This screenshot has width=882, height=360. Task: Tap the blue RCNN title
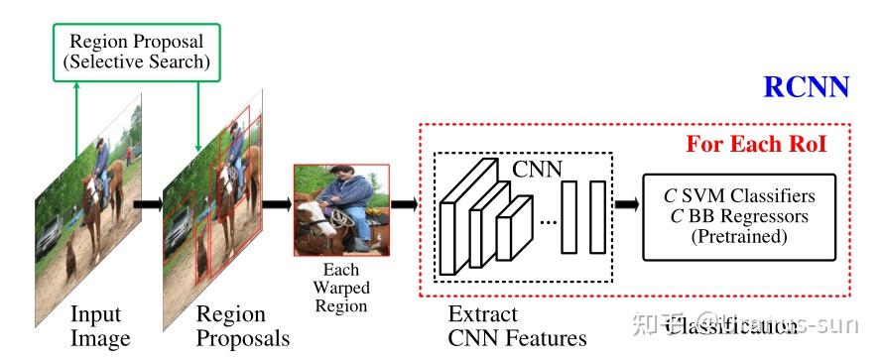tap(806, 86)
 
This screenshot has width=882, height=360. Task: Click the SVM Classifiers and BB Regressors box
tap(739, 217)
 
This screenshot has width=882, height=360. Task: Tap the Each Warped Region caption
tap(340, 288)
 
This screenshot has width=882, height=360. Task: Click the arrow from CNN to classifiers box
tap(627, 206)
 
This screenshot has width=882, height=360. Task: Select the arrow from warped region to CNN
tap(406, 206)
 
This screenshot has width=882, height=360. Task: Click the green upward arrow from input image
tap(76, 119)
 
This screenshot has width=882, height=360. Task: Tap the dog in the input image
tap(71, 260)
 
